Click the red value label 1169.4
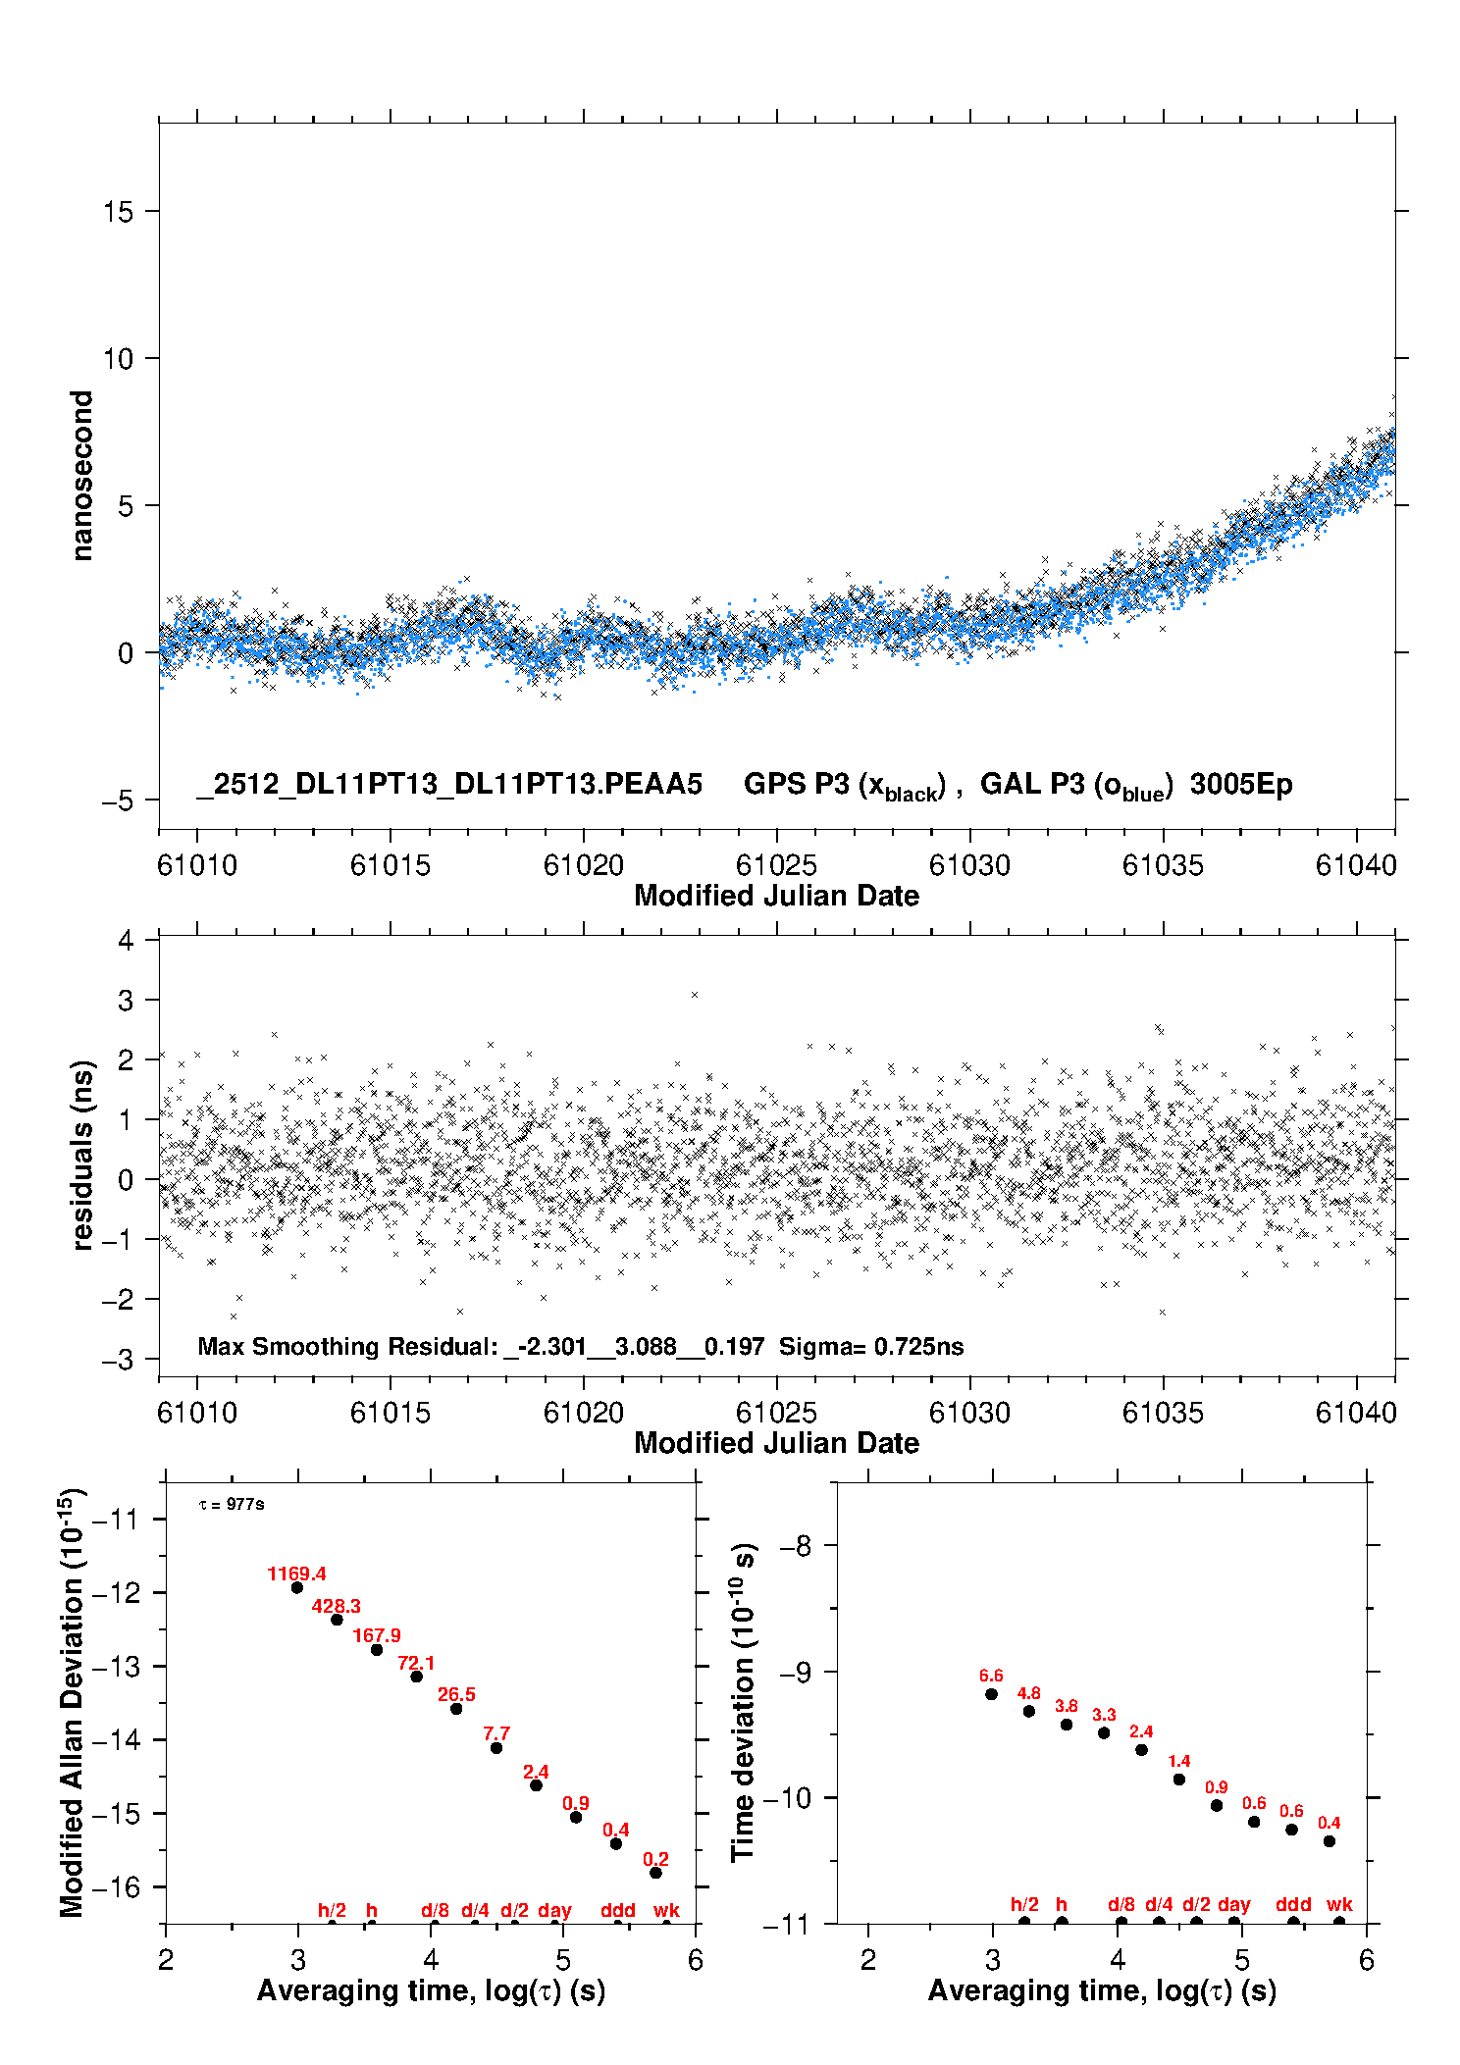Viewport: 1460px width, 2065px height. pos(296,1575)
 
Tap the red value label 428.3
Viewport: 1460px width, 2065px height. pos(336,1607)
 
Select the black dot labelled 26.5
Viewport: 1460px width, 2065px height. pos(456,1709)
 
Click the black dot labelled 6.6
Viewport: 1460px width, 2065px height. pos(991,1694)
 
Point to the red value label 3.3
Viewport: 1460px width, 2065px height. pos(1104,1716)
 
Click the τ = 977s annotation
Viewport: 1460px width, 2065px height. pos(232,1505)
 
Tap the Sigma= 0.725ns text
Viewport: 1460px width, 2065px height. pos(871,1347)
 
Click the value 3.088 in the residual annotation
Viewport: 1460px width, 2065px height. pos(646,1347)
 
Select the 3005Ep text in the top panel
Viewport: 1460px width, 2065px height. pos(1241,785)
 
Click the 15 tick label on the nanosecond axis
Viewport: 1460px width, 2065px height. pos(119,212)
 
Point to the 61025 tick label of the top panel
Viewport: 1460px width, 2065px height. pos(776,865)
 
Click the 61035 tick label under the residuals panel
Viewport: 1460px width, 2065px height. pos(1163,1413)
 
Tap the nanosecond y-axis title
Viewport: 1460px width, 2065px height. pos(82,476)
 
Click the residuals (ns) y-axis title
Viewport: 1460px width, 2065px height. pos(82,1155)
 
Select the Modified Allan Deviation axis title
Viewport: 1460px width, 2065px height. pos(72,1702)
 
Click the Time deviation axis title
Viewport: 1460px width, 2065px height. pos(743,1702)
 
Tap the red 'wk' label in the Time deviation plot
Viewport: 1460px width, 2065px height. pos(1339,1904)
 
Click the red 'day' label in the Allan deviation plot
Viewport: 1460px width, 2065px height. pos(554,1910)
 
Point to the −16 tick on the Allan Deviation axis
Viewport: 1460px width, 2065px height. pos(116,1887)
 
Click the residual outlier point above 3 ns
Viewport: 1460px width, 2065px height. pos(695,995)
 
